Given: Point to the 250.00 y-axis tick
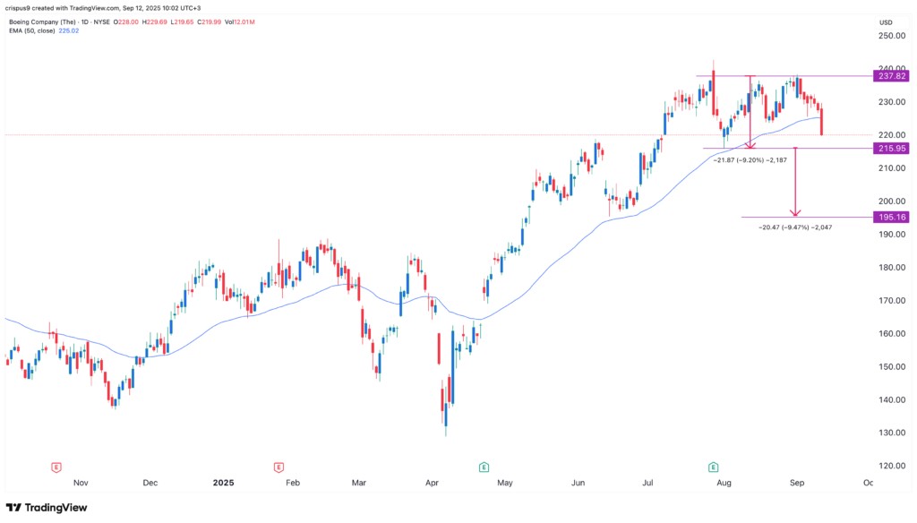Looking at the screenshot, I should [890, 36].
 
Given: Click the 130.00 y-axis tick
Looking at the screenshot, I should [890, 433].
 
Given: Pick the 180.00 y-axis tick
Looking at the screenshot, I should [890, 267].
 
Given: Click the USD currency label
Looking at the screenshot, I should [887, 22].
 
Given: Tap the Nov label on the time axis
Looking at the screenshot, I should [81, 483].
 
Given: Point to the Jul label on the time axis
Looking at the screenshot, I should [647, 483].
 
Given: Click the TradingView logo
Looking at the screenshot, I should [49, 508].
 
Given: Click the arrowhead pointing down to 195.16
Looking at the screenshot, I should [794, 212].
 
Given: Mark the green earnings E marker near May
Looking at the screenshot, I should [484, 467].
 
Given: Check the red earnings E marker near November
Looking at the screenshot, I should [56, 467].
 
